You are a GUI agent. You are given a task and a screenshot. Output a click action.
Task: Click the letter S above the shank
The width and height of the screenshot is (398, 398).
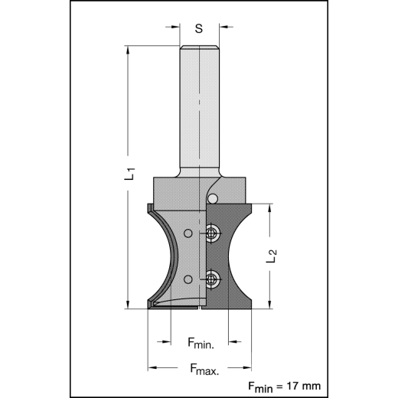pos(198,29)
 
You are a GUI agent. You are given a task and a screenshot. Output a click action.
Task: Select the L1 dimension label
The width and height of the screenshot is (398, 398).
pos(132,175)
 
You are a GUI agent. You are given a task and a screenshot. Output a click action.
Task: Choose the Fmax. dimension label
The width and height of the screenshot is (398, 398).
pos(204,369)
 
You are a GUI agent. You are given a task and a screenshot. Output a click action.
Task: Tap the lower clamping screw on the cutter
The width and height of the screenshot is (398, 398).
pos(213,279)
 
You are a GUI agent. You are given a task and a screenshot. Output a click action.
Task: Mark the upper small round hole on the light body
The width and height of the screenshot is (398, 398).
pos(188,232)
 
